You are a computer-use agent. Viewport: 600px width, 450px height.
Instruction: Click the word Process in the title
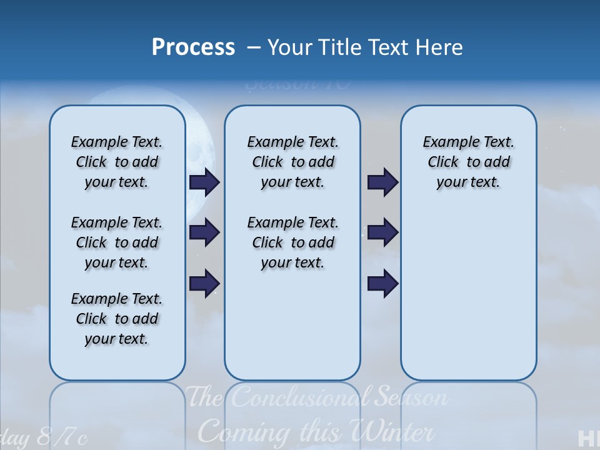tap(193, 47)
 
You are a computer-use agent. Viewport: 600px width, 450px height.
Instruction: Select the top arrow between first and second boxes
tap(204, 182)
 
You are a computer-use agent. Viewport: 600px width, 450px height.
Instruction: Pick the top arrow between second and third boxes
tap(382, 182)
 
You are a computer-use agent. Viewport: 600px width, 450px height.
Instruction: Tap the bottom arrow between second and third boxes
tap(382, 284)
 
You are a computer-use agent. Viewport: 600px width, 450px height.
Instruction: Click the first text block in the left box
tap(117, 162)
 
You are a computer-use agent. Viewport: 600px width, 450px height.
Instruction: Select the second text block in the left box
tap(117, 242)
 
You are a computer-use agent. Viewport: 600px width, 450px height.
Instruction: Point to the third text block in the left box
tap(117, 319)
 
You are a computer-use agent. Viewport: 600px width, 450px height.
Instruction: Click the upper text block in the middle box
tap(292, 162)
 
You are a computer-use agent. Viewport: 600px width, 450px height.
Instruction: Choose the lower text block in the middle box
tap(292, 242)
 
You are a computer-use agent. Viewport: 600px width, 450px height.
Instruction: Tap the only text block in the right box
tap(468, 162)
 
